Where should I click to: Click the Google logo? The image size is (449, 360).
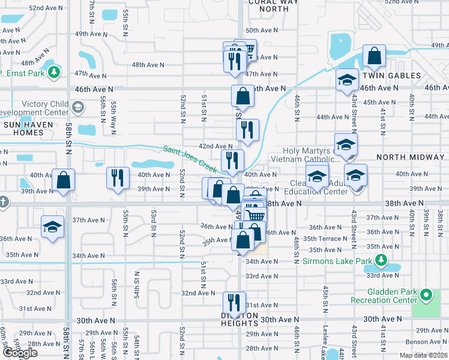point(20,353)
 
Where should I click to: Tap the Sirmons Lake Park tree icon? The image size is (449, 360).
point(380,260)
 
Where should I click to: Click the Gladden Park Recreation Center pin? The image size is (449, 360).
point(426,295)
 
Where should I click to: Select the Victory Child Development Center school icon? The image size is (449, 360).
point(77,107)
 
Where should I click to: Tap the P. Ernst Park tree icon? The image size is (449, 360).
point(55,73)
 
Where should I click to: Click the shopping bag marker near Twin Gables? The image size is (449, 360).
point(374,56)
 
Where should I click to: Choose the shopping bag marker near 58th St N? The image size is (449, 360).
point(63,180)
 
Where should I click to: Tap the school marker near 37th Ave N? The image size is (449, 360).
point(52,227)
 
